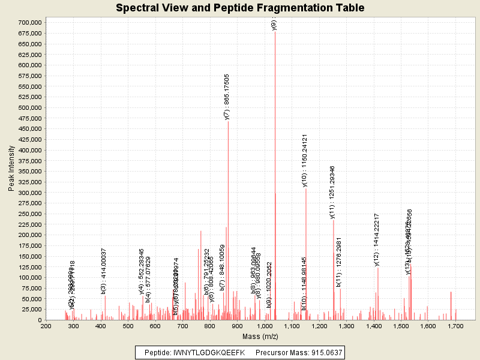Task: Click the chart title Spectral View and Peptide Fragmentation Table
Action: (240, 8)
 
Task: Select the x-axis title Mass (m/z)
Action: (259, 337)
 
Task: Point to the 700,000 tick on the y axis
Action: (29, 23)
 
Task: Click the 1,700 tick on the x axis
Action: (455, 326)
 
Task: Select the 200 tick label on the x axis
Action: (46, 326)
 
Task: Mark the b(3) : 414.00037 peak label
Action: (104, 271)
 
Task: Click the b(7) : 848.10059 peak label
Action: (222, 268)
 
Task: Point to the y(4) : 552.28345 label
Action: (142, 271)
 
